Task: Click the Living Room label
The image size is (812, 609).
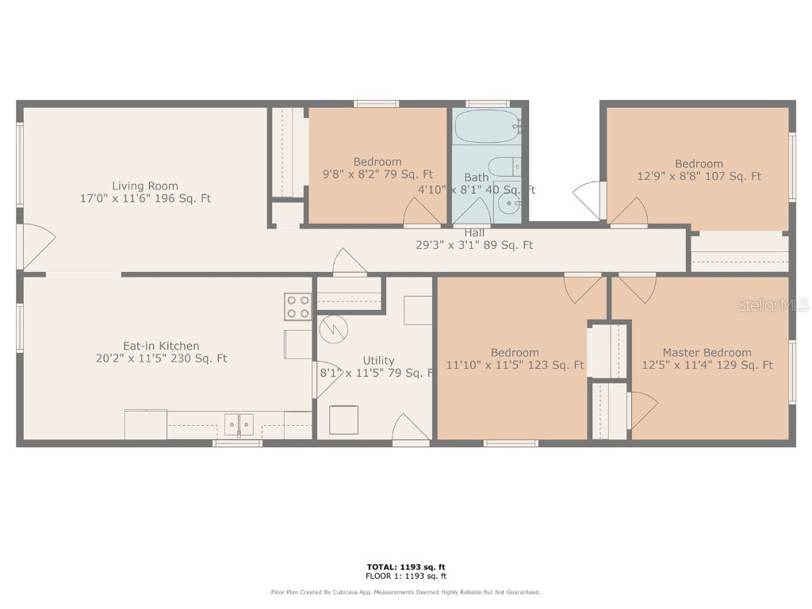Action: click(144, 186)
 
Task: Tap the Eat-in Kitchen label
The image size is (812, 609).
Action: click(161, 346)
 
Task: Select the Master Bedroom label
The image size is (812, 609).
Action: click(707, 353)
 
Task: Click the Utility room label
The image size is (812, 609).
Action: click(378, 361)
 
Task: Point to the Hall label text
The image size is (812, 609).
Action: click(475, 232)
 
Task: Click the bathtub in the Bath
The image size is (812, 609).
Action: click(486, 127)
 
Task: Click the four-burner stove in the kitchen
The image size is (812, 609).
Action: click(298, 306)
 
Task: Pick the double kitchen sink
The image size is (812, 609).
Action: click(237, 425)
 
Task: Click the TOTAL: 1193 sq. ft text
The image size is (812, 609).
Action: click(405, 567)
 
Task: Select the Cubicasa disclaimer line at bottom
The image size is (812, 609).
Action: click(405, 592)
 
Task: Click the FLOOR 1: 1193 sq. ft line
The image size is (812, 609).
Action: click(405, 576)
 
